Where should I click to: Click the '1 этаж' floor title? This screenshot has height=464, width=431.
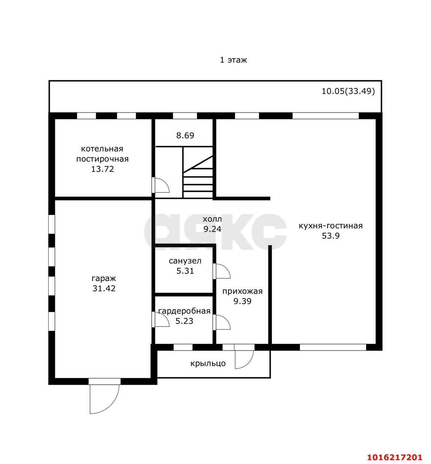pos(233,60)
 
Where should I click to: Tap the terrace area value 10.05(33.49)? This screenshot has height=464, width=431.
pos(348,91)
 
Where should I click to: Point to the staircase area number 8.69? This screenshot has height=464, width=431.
pos(185,136)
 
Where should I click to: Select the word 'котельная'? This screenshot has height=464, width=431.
pos(102,149)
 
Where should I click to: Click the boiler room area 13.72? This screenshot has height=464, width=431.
pos(102,169)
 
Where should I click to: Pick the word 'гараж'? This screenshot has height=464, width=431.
pos(104,279)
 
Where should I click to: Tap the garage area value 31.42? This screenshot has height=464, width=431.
pos(104,289)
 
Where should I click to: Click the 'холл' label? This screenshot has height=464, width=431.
pos(212,219)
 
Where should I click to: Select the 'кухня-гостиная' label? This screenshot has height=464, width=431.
pos(331,226)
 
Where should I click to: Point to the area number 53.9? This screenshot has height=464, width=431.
pos(331,236)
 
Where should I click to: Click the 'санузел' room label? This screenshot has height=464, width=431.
pos(185,261)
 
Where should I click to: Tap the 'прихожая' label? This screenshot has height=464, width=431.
pos(242,291)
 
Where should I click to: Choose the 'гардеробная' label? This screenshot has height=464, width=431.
pos(184,311)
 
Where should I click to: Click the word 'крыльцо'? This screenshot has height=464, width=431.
pos(208,363)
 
